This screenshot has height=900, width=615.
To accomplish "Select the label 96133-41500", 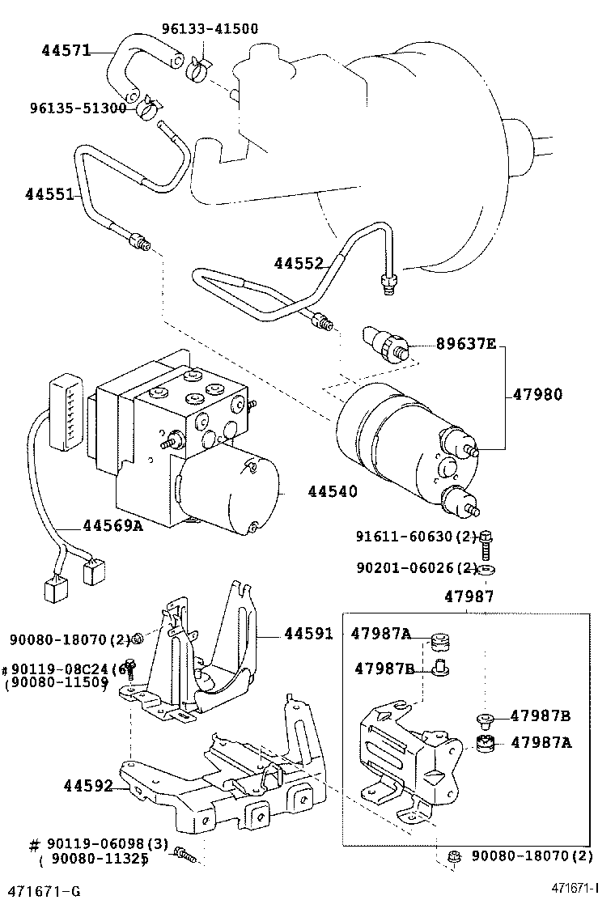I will click(210, 29).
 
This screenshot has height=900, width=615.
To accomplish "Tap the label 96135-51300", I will click(78, 108).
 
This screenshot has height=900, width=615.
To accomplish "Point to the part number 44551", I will click(49, 195).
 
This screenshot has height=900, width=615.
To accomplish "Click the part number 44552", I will click(298, 263).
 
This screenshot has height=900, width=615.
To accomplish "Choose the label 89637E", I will click(465, 343).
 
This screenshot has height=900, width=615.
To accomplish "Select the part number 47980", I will click(537, 395).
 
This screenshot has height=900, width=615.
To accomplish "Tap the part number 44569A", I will click(112, 525).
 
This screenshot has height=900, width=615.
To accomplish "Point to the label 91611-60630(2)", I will click(416, 536).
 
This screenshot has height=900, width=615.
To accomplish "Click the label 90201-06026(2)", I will click(416, 568).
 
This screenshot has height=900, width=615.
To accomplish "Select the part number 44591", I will click(308, 634).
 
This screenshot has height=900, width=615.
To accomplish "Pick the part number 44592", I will click(87, 785).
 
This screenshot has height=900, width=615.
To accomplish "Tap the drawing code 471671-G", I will click(40, 891).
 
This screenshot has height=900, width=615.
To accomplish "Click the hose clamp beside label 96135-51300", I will click(148, 107).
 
